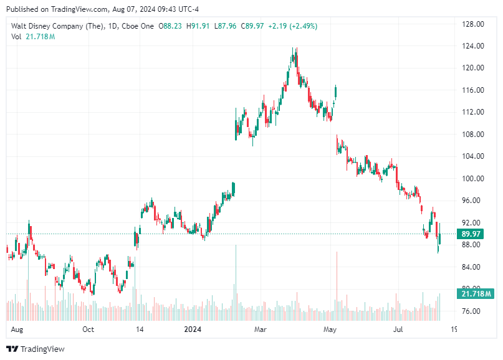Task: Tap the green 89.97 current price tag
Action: [x=472, y=234]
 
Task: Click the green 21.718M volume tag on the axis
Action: [x=476, y=293]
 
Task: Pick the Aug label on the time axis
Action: [x=17, y=329]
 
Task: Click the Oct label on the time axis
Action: [x=88, y=329]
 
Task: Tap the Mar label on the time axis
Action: [x=261, y=329]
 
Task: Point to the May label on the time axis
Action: [x=330, y=329]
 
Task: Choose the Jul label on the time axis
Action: [x=398, y=329]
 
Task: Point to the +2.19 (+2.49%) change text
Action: [x=292, y=26]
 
